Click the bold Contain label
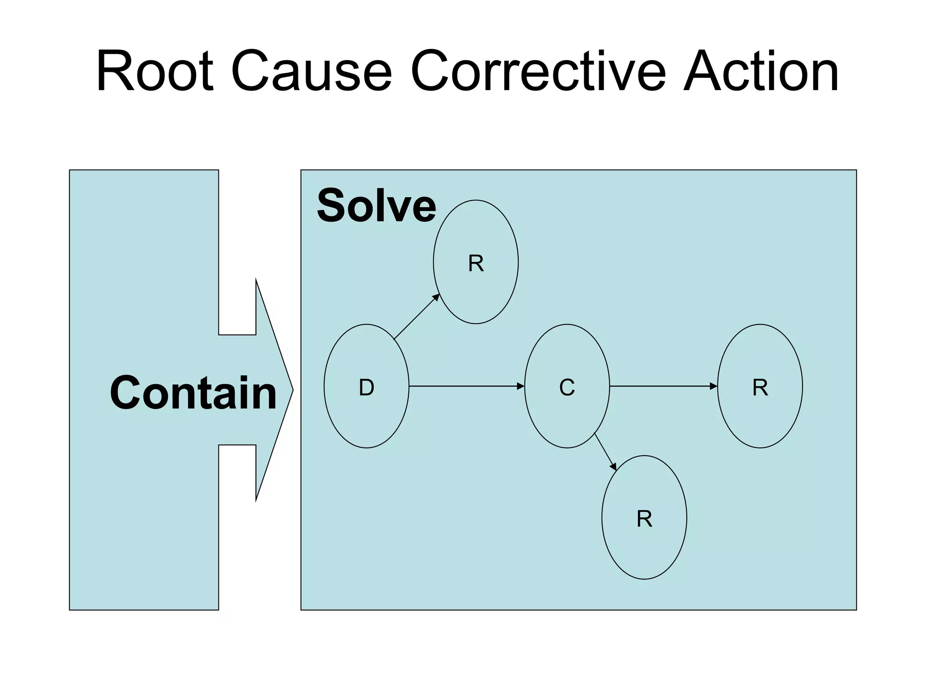[193, 393]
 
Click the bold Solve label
[376, 206]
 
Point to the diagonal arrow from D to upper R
[416, 317]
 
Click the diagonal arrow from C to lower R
[605, 452]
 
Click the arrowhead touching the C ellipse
[521, 386]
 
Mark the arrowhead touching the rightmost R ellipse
[714, 386]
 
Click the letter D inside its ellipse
[366, 388]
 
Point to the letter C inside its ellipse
[567, 388]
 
